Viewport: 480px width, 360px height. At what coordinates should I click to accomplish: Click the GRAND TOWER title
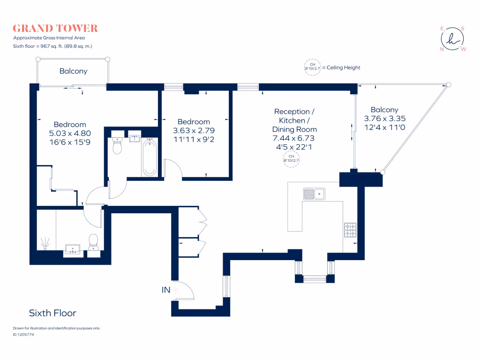[x=55, y=29]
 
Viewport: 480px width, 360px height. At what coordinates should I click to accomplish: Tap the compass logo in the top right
[x=453, y=39]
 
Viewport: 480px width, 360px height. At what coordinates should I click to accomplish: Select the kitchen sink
[x=314, y=193]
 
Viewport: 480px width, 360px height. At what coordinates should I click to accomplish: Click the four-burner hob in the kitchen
[x=350, y=229]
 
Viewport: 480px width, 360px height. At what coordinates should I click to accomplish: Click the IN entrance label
[x=165, y=290]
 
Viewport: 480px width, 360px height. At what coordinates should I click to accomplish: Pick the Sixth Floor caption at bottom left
[x=52, y=313]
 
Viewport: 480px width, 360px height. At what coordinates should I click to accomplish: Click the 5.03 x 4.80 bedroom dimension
[x=70, y=133]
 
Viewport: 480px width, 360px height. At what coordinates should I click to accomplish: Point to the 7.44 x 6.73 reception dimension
[x=295, y=138]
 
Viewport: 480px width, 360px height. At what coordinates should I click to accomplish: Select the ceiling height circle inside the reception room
[x=291, y=158]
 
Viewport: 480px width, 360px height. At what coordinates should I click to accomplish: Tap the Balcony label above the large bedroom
[x=73, y=71]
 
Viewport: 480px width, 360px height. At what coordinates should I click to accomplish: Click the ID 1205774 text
[x=23, y=335]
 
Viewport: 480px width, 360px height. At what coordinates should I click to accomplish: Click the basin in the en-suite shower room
[x=73, y=248]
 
